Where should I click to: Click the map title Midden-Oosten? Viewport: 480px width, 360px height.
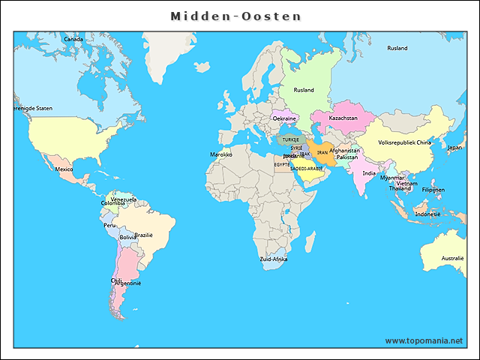point(235,16)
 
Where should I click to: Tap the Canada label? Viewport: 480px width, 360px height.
point(73,39)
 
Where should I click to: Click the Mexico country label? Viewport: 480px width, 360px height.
point(64,169)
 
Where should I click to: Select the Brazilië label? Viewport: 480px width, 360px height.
point(144,235)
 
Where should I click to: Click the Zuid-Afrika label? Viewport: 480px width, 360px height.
point(273,259)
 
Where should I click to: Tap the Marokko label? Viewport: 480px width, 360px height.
point(221,154)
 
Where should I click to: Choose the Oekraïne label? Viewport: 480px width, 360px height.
point(284,118)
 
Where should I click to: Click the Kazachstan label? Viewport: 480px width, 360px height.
point(342,118)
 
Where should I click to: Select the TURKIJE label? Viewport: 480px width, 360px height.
point(290,139)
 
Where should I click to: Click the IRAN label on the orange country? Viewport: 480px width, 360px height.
point(322,152)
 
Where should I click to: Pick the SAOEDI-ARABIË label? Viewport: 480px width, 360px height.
point(306,169)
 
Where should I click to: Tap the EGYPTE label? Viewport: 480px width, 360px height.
point(282,164)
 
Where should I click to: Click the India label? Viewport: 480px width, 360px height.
point(369,173)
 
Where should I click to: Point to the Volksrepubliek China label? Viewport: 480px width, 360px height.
point(405,142)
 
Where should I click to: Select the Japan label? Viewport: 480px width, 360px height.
point(454,148)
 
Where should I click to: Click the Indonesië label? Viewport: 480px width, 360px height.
point(427,214)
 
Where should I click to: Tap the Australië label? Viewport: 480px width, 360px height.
point(453,258)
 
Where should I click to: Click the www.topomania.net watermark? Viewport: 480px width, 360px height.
point(424,340)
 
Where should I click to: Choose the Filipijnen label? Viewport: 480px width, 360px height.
point(433,190)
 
